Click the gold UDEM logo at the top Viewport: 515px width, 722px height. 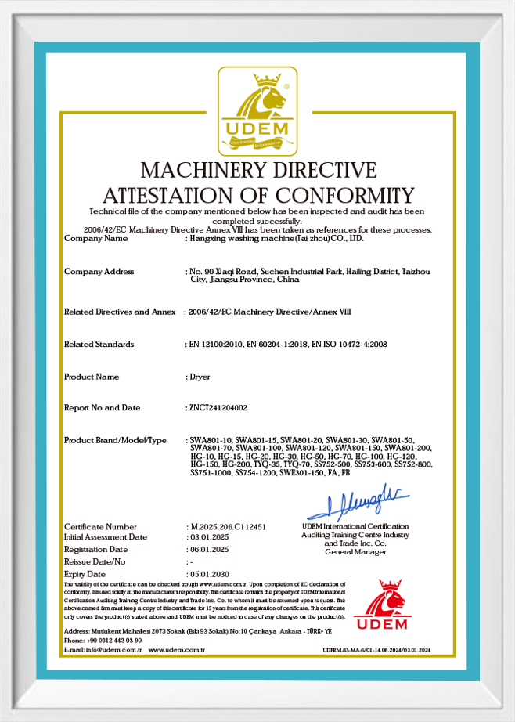point(257,111)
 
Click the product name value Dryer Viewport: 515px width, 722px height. point(200,377)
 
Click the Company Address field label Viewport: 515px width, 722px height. point(99,272)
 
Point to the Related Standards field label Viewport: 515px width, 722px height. point(99,345)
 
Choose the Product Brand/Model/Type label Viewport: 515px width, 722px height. point(115,441)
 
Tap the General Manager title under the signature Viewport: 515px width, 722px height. point(355,552)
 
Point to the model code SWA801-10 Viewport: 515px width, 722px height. point(211,440)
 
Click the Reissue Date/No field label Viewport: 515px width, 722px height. point(94,562)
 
